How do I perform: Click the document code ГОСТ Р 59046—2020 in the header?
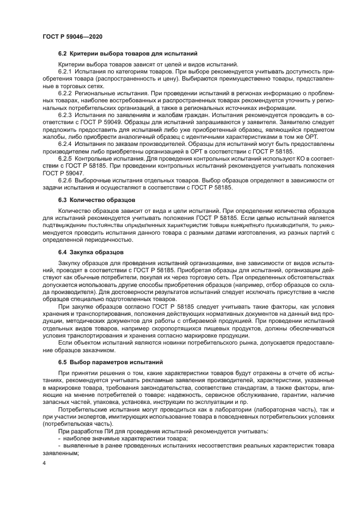[72, 36]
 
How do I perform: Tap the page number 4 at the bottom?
[44, 463]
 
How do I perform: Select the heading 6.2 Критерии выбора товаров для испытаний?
[127, 54]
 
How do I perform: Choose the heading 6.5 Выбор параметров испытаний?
[109, 361]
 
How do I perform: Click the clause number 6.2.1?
[66, 72]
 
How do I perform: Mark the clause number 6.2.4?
[66, 144]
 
